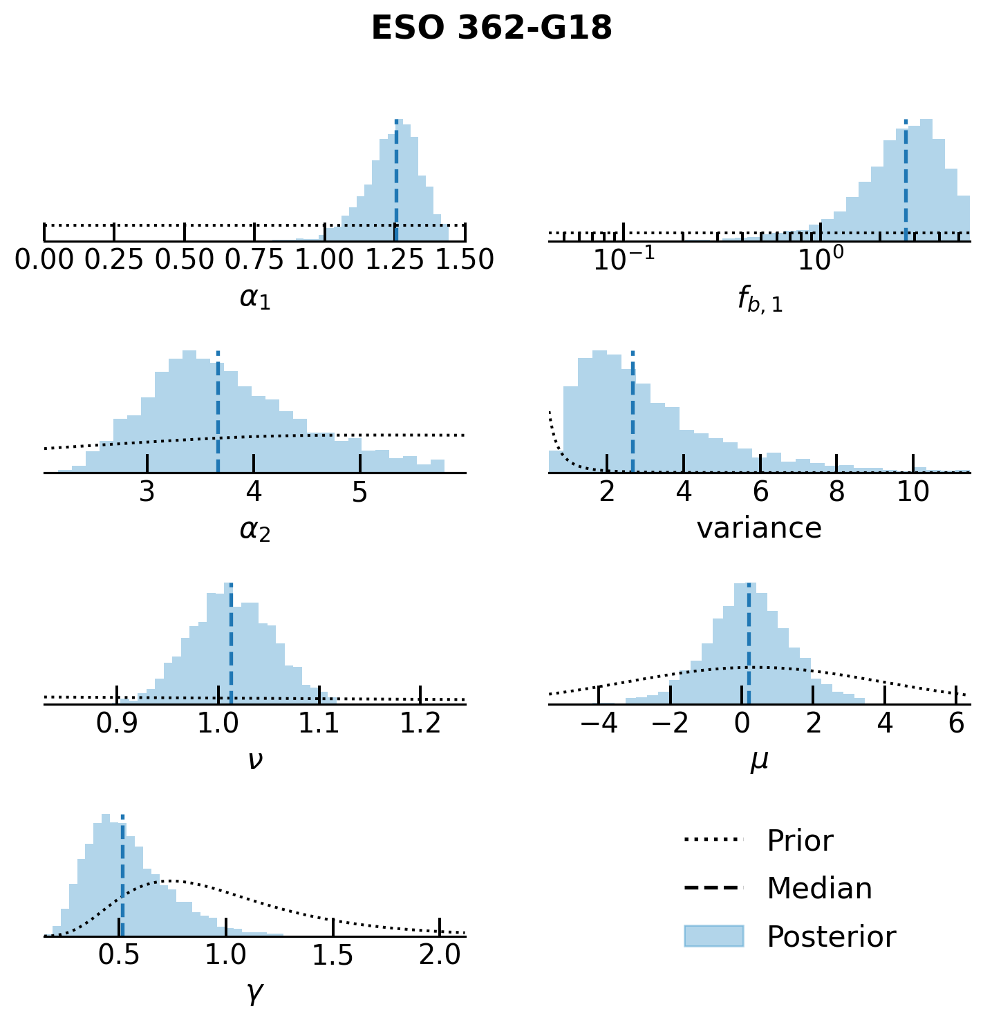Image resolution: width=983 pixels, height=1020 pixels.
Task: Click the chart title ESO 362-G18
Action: tap(491, 29)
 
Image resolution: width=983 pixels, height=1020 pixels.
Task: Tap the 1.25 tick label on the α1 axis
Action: tap(395, 260)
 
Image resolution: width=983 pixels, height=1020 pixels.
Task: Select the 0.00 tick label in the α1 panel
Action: tap(44, 260)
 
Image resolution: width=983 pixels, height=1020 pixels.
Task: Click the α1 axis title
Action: tap(255, 298)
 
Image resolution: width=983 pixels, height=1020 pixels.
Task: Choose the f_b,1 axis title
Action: tap(760, 300)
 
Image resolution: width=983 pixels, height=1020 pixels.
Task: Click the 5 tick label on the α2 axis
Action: tap(360, 491)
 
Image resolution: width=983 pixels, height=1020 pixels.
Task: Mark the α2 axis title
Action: tap(255, 530)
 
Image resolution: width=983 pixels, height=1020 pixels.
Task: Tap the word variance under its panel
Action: tap(759, 529)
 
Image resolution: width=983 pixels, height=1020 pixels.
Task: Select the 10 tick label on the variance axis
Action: tap(913, 491)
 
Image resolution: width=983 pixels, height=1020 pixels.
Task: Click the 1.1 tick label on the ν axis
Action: tap(319, 723)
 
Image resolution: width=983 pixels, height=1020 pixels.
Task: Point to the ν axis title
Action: tap(255, 760)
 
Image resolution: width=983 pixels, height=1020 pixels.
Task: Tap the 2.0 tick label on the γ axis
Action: tap(440, 955)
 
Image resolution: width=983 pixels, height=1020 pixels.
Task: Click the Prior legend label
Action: tap(800, 841)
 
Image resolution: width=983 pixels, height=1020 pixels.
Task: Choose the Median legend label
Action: tap(819, 889)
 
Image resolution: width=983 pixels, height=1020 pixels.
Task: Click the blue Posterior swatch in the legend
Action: tap(713, 936)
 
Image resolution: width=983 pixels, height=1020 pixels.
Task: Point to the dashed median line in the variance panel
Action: tap(633, 415)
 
